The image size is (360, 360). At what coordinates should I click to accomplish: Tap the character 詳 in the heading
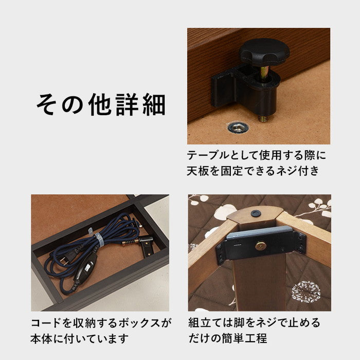click(129, 104)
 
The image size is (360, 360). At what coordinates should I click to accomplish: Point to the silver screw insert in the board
click(237, 127)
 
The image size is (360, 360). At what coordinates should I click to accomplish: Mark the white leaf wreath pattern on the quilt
click(307, 291)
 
